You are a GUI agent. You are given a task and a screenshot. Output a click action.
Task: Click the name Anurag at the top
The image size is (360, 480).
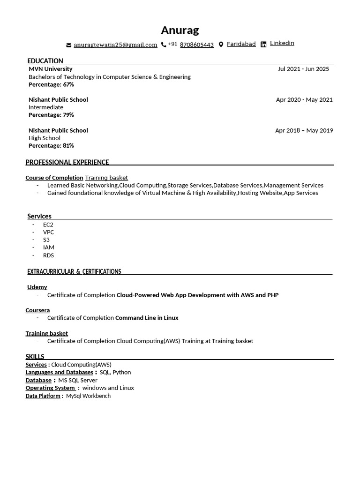pyautogui.click(x=180, y=30)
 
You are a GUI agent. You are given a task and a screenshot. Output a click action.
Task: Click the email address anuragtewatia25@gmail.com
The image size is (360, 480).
pyautogui.click(x=115, y=45)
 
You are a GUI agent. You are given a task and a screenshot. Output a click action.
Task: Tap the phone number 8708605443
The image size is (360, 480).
pyautogui.click(x=196, y=45)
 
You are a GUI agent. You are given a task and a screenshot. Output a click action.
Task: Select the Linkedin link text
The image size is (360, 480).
pyautogui.click(x=282, y=43)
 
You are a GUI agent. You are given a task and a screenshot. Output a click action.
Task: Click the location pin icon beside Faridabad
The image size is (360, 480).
pyautogui.click(x=221, y=45)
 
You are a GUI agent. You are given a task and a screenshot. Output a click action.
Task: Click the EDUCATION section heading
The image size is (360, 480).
pyautogui.click(x=45, y=61)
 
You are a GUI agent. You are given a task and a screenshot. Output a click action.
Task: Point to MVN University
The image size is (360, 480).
pyautogui.click(x=51, y=69)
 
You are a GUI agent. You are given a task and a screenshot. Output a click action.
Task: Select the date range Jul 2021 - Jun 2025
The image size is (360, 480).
pyautogui.click(x=303, y=69)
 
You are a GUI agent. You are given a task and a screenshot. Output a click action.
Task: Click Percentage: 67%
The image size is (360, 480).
pyautogui.click(x=51, y=84)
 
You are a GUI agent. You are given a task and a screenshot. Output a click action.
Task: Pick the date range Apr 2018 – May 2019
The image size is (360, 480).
pyautogui.click(x=304, y=130)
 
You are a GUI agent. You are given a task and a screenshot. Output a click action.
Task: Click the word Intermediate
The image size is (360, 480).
pyautogui.click(x=46, y=107)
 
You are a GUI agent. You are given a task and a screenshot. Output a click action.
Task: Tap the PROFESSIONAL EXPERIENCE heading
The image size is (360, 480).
pyautogui.click(x=67, y=162)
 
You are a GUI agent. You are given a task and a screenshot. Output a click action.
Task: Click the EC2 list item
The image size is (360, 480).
pyautogui.click(x=48, y=225)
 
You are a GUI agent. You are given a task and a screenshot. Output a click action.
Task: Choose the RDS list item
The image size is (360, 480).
pyautogui.click(x=48, y=255)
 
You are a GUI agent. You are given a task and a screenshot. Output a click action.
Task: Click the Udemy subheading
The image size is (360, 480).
pyautogui.click(x=37, y=287)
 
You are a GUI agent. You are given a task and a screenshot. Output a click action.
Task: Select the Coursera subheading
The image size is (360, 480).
pyautogui.click(x=37, y=310)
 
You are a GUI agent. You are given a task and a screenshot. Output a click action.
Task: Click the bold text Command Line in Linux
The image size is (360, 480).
pyautogui.click(x=147, y=318)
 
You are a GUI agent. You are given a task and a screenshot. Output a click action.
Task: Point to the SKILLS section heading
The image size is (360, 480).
pyautogui.click(x=35, y=357)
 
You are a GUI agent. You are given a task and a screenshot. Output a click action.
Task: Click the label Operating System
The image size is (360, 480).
pyautogui.click(x=50, y=388)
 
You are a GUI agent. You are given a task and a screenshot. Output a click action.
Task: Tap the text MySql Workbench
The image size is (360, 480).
pyautogui.click(x=88, y=396)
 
